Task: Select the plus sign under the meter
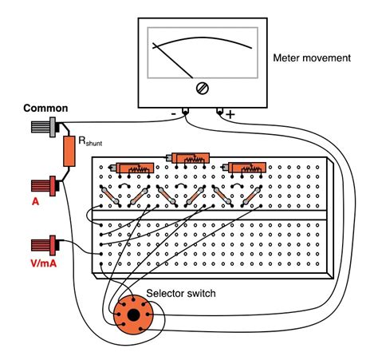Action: [231, 114]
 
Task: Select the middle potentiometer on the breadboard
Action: [189, 159]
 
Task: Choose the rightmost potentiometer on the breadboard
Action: [245, 168]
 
